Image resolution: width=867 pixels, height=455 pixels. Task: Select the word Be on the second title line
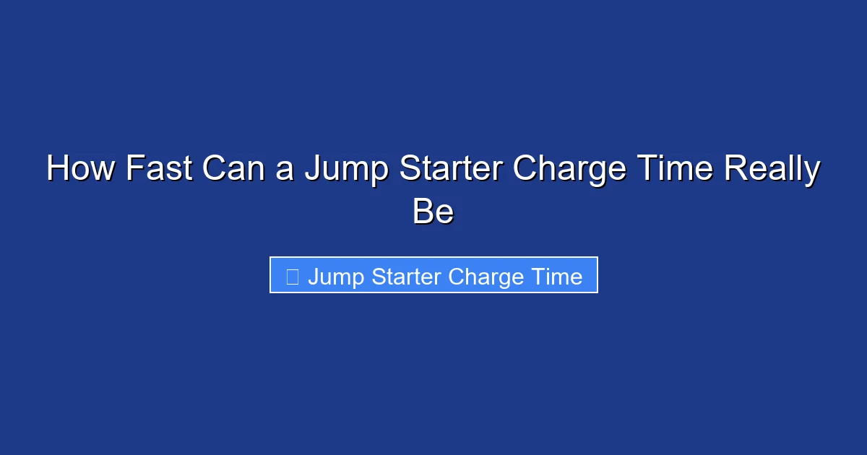433,212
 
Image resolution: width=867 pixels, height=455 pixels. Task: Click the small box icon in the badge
293,277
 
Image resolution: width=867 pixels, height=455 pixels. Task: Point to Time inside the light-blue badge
556,277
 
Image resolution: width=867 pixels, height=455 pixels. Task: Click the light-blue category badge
433,275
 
